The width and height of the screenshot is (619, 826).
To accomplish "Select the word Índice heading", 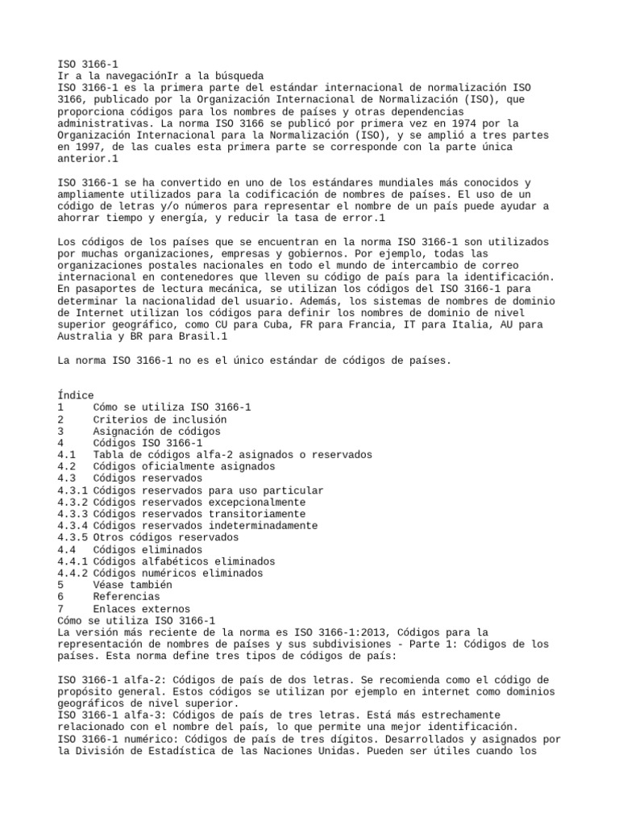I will (76, 395).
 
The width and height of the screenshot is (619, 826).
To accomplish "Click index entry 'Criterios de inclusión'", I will (160, 419).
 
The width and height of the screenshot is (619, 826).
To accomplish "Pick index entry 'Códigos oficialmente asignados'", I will (184, 466).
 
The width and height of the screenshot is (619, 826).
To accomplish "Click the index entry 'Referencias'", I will (127, 596).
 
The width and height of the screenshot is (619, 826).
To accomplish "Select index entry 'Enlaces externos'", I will (142, 608).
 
